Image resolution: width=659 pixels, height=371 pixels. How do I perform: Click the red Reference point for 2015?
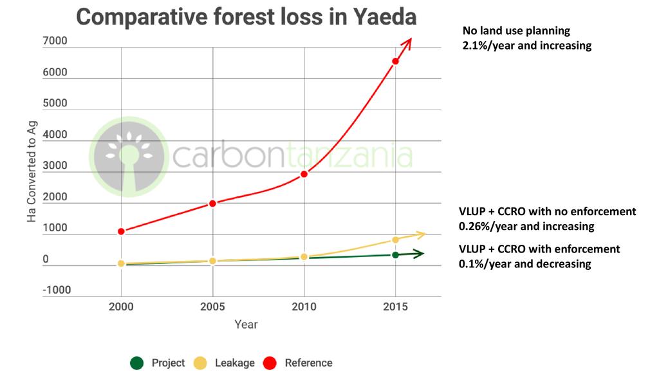tap(396, 61)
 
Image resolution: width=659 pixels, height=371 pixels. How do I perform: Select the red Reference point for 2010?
tap(304, 174)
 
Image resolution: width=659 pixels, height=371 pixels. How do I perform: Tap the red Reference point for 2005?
tap(213, 204)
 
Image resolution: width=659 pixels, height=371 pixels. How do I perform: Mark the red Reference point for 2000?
tap(121, 231)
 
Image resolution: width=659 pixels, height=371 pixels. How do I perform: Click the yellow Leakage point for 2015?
tap(396, 240)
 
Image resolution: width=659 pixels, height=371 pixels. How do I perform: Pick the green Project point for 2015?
tap(396, 255)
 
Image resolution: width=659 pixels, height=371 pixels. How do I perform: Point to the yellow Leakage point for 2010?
tap(304, 257)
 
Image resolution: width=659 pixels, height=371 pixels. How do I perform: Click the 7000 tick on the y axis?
tap(55, 41)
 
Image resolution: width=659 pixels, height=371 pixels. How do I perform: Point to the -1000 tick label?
tap(57, 290)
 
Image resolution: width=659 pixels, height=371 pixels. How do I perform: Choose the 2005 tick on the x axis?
tap(212, 307)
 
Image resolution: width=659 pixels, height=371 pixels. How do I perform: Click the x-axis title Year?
tap(246, 324)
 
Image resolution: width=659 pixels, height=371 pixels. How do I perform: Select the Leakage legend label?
tap(235, 363)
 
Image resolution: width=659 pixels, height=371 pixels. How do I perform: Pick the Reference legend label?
tap(308, 363)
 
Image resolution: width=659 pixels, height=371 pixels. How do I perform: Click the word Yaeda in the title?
tap(385, 17)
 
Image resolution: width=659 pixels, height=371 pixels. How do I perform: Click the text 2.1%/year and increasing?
tap(526, 46)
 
